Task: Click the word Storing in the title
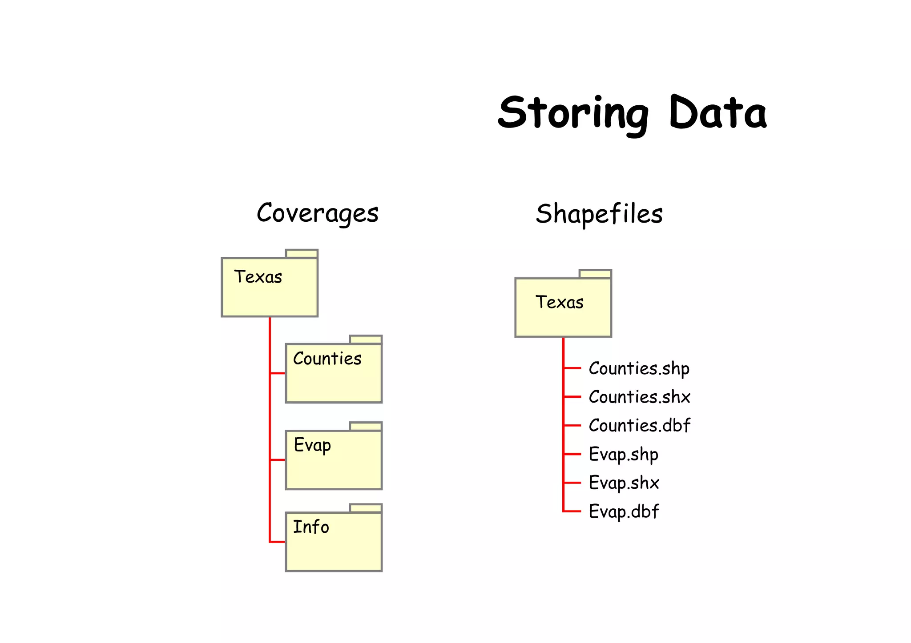[x=573, y=113]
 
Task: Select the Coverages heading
[x=318, y=213]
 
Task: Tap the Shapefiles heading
[x=599, y=214]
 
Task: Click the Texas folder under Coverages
[x=270, y=287]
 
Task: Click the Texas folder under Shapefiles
[x=563, y=307]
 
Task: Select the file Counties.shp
[x=639, y=368]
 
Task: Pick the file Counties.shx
[x=639, y=397]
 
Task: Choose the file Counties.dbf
[x=639, y=426]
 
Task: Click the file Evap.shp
[x=623, y=455]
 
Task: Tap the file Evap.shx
[x=624, y=483]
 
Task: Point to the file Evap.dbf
[x=624, y=511]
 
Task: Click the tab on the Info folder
[x=366, y=508]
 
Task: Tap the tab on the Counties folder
[x=366, y=339]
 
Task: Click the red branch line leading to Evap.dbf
[x=572, y=511]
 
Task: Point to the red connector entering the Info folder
[x=277, y=542]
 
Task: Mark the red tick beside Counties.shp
[x=572, y=368]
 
